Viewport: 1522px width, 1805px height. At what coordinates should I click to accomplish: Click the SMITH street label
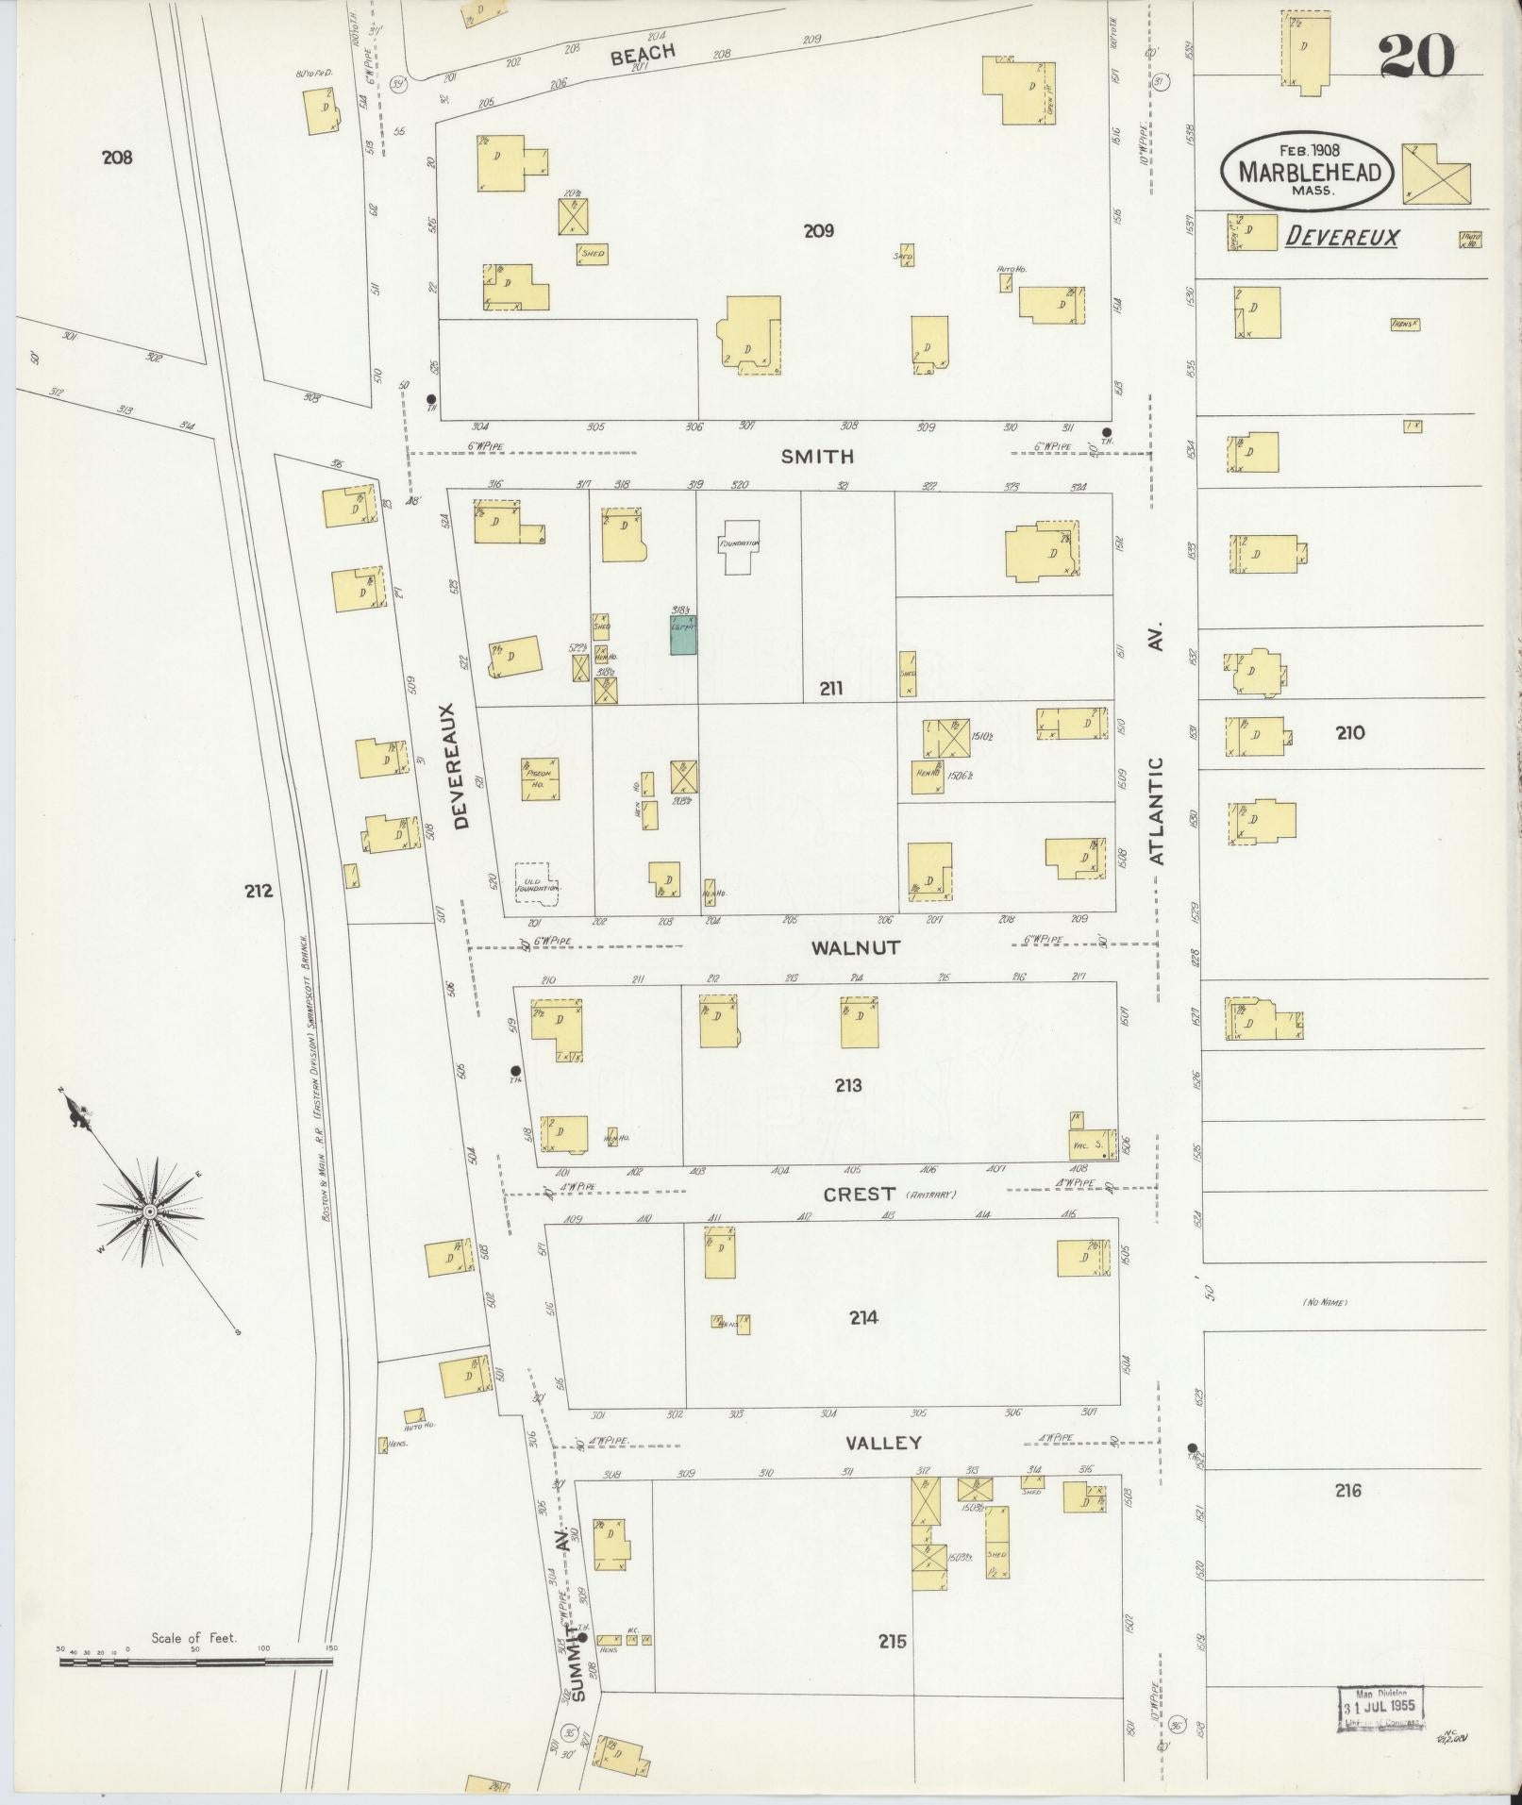tap(817, 457)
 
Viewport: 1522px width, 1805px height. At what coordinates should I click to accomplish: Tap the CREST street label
tap(859, 1194)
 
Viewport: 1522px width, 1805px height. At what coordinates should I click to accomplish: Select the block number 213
tap(847, 1085)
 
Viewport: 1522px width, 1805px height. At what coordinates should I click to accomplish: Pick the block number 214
tap(862, 1317)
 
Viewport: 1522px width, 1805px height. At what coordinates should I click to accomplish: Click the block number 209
tap(818, 230)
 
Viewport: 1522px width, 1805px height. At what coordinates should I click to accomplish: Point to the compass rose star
tap(149, 1210)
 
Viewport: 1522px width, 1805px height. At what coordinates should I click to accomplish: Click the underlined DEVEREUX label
tap(1342, 238)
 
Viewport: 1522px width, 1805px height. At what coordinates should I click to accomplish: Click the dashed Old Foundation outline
tap(537, 884)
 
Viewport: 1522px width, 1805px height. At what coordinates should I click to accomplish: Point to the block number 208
tap(117, 158)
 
